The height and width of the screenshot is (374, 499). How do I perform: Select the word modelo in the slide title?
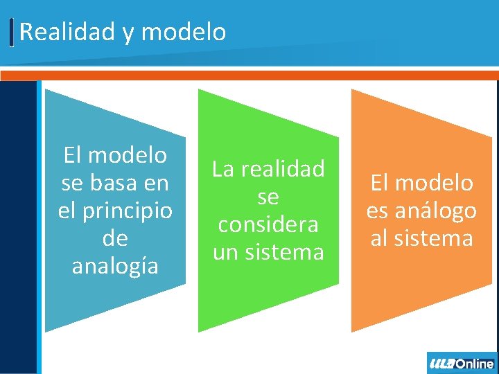point(187,32)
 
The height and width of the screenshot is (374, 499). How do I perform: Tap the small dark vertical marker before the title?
point(12,33)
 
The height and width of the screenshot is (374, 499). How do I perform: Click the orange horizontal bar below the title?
point(249,75)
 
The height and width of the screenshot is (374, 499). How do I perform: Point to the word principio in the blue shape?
point(129,211)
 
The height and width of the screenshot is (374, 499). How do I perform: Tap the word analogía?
point(115,266)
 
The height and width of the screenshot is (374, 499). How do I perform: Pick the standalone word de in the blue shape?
point(115,238)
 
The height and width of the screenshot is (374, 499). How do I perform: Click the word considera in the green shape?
point(268,224)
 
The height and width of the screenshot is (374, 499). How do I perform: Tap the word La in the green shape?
point(223,169)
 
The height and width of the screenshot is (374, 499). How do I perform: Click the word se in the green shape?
point(268,197)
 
